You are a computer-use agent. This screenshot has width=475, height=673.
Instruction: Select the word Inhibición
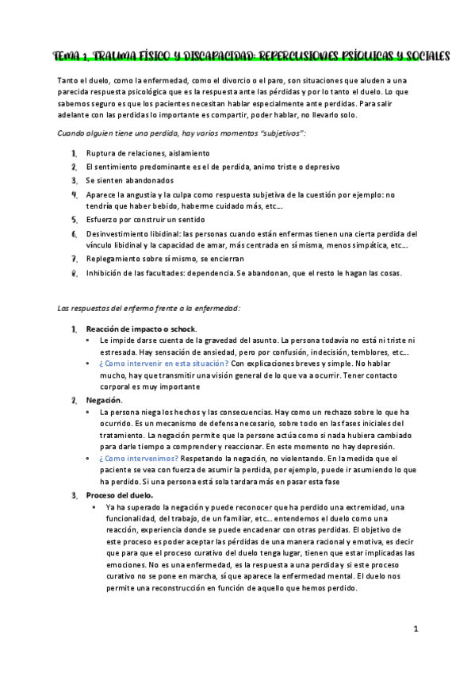[106, 274]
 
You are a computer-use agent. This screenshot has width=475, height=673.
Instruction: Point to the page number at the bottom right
[416, 629]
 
